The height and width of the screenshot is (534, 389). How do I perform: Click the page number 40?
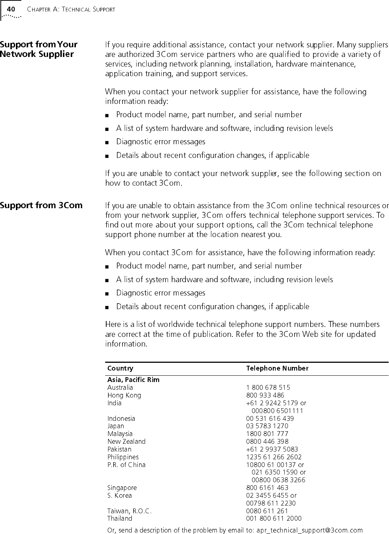11,9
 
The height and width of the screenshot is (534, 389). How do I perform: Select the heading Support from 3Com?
41,205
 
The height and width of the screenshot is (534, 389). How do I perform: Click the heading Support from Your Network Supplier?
38,49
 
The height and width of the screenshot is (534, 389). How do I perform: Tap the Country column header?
120,368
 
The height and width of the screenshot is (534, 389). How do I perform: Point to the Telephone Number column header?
277,368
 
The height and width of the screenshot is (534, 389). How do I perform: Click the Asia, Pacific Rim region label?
133,380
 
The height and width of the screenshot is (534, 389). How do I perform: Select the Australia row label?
120,388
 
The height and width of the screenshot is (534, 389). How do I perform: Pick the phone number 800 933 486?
265,395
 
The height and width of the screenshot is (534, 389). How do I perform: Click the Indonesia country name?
121,419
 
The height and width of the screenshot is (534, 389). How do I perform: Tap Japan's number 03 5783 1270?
267,426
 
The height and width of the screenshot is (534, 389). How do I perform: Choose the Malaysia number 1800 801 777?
267,434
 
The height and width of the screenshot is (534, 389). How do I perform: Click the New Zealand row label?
126,442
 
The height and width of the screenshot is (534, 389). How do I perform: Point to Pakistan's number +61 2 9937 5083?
272,449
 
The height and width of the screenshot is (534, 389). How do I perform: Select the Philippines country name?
123,457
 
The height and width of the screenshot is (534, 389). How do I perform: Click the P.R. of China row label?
126,465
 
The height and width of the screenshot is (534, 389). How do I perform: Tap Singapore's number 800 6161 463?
267,488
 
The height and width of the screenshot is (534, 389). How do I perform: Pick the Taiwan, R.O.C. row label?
129,511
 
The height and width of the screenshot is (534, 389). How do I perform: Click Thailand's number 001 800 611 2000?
274,518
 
